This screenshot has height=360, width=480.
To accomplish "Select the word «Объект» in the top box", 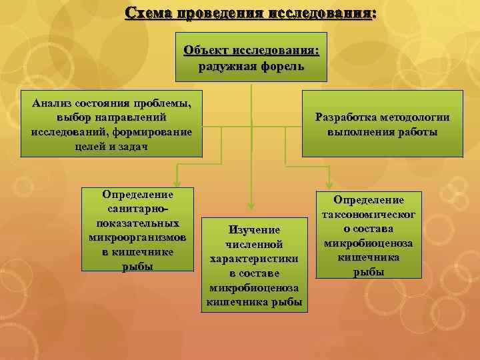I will pyautogui.click(x=205, y=51).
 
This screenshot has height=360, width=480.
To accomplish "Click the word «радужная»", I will pyautogui.click(x=226, y=66).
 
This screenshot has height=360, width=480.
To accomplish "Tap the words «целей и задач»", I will pyautogui.click(x=111, y=146).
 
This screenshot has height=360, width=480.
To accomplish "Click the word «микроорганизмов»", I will pyautogui.click(x=137, y=237).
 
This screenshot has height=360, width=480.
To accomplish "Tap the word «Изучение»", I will pyautogui.click(x=254, y=229).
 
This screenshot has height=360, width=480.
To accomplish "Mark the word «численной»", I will pyautogui.click(x=254, y=244).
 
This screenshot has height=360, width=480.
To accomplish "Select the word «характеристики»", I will pyautogui.click(x=254, y=259).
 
